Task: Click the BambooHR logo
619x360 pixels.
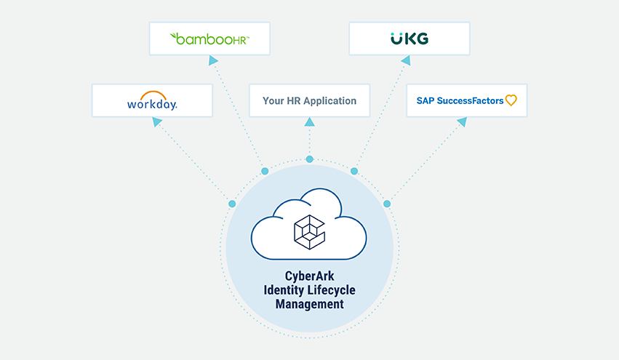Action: (209, 39)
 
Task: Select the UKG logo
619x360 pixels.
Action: (409, 39)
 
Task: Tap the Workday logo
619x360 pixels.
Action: (152, 101)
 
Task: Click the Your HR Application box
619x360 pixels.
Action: (309, 100)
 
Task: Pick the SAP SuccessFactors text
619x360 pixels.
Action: (460, 100)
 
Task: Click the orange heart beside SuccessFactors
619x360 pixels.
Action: (511, 100)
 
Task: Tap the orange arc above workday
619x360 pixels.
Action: (153, 95)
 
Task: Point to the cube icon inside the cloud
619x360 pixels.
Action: (309, 231)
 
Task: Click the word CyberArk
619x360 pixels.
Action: (309, 277)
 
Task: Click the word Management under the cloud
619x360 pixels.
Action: (309, 305)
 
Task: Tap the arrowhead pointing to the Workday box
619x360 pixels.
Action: (157, 123)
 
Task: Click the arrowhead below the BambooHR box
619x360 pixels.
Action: (212, 61)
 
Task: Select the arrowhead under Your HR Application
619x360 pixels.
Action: (310, 123)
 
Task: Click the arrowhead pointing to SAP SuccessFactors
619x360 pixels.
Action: (461, 123)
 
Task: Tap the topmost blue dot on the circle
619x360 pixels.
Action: (309, 159)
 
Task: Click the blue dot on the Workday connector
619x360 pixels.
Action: (232, 204)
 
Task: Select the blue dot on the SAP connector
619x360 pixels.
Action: (387, 204)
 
